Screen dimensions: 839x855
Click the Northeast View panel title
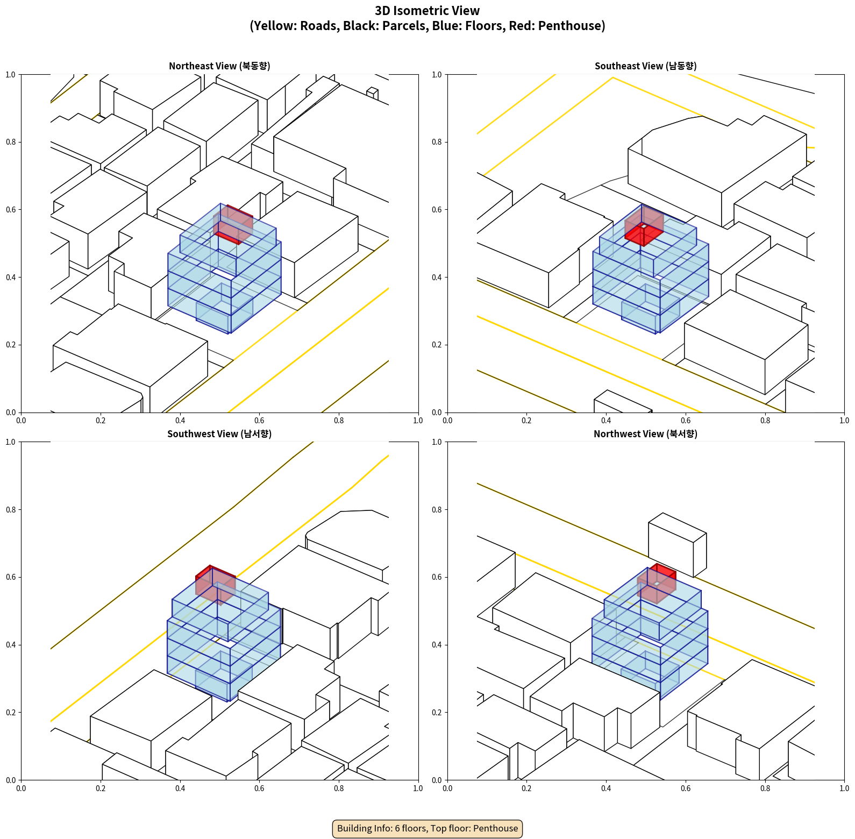click(x=219, y=66)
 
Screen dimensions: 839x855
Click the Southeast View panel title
click(x=645, y=66)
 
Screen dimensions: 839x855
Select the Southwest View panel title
click(x=219, y=434)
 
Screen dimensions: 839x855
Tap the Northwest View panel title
click(x=645, y=434)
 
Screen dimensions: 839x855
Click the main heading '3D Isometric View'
click(x=427, y=11)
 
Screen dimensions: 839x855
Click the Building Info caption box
click(x=427, y=828)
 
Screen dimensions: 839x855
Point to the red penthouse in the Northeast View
click(x=233, y=224)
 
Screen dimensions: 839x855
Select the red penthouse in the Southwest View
click(x=215, y=583)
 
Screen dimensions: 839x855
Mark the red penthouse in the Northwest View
click(x=657, y=582)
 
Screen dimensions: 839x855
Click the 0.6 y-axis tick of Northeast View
click(x=11, y=210)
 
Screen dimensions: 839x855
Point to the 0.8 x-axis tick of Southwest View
click(x=339, y=788)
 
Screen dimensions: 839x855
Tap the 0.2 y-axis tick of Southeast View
click(x=437, y=345)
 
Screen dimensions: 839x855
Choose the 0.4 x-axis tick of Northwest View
click(x=606, y=788)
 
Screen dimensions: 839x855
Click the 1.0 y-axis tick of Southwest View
click(x=11, y=442)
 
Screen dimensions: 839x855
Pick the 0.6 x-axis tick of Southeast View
click(x=686, y=421)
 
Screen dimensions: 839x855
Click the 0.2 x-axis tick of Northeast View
click(x=101, y=421)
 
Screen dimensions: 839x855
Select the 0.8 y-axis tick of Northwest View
click(x=437, y=510)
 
